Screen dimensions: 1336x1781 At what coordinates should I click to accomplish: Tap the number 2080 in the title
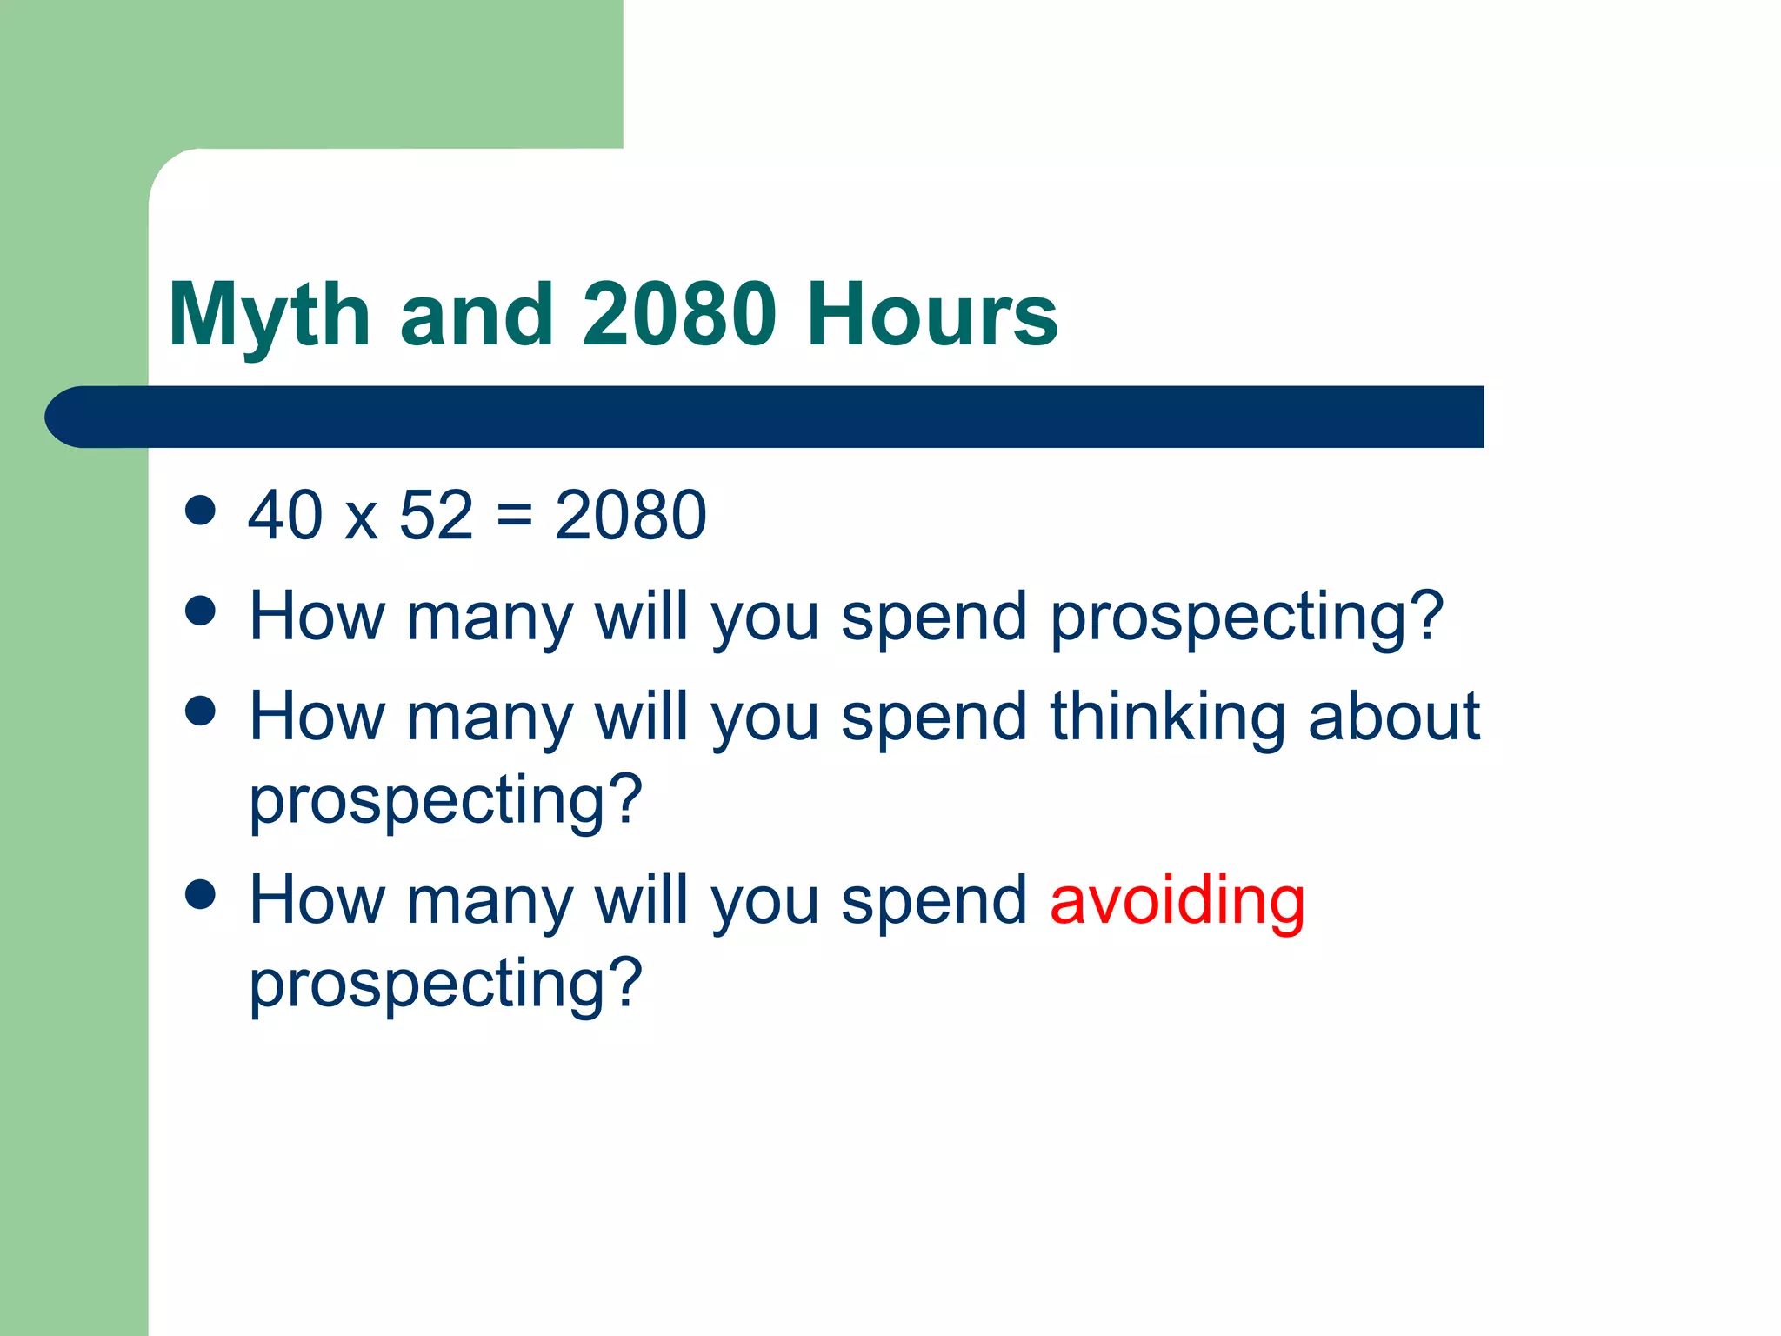click(679, 314)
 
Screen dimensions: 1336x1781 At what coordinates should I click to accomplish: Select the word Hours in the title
click(931, 314)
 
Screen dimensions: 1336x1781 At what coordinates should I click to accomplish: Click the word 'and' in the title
click(476, 314)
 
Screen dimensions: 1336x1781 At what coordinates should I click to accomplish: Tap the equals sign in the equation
click(514, 517)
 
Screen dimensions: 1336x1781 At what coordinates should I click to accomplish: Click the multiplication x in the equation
click(361, 522)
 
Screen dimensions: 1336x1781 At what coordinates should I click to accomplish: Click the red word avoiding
click(1177, 903)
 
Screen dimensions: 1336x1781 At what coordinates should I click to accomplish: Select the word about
click(1393, 717)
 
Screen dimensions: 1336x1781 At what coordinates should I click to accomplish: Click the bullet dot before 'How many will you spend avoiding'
click(201, 894)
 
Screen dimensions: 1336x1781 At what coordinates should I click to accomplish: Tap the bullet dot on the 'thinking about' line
click(201, 711)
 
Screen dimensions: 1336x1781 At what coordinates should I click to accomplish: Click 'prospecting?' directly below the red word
click(445, 985)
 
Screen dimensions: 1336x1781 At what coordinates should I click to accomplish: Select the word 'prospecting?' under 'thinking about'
click(445, 801)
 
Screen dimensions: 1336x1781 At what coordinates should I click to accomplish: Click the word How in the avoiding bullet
click(317, 901)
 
